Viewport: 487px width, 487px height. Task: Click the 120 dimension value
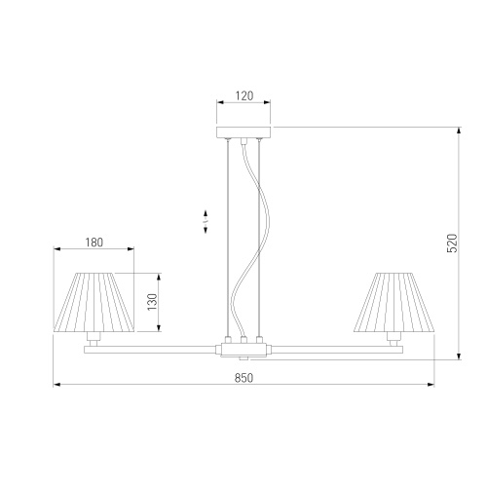244,95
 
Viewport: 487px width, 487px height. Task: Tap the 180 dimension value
94,243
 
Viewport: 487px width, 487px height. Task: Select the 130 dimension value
152,302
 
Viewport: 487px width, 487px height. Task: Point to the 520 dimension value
452,243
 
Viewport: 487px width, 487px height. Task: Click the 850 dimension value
243,378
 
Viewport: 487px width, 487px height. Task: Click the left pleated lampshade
94,303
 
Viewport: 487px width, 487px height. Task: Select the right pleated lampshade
394,303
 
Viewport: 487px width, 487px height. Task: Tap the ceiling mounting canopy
243,132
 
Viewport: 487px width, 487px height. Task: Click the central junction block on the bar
243,350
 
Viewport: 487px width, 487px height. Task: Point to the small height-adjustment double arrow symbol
206,222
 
